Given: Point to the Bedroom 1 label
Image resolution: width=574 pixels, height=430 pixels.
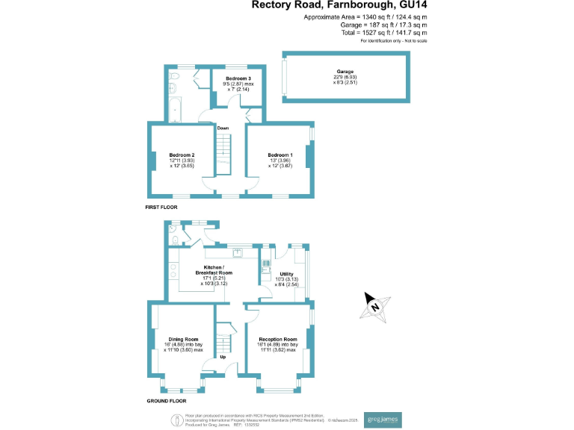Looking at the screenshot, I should (280, 155).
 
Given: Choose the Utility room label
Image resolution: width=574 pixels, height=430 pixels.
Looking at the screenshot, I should (286, 275).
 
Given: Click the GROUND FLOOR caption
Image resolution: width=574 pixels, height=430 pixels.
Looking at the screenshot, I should (166, 401).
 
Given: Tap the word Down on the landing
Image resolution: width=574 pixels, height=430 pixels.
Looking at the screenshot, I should (223, 128).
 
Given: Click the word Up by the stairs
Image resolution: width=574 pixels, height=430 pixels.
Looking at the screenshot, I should (223, 357).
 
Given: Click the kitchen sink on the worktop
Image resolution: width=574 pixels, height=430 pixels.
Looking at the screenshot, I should (237, 252).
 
